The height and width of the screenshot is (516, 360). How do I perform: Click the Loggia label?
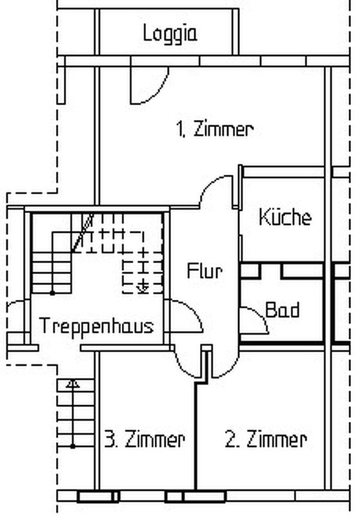[x=170, y=34]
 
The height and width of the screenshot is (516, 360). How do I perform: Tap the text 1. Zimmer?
[x=215, y=129]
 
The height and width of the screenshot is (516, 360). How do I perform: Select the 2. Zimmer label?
[x=266, y=439]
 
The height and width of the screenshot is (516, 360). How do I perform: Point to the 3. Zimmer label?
[x=145, y=439]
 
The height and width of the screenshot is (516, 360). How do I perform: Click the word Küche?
[x=285, y=217]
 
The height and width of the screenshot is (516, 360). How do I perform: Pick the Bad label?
[x=283, y=310]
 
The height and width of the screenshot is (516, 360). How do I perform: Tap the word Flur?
[x=205, y=271]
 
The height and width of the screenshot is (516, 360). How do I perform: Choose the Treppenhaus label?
[x=96, y=326]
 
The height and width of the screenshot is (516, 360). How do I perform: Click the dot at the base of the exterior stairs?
[x=73, y=446]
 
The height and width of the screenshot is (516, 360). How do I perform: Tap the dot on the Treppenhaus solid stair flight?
[x=52, y=293]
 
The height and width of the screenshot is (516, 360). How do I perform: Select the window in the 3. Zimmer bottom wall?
[x=98, y=496]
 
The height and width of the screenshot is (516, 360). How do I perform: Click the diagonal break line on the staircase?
[x=83, y=233]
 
